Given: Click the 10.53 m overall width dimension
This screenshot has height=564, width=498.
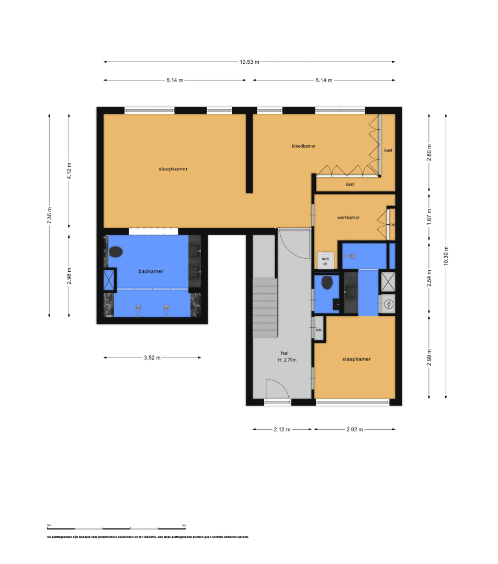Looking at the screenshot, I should (x=250, y=62).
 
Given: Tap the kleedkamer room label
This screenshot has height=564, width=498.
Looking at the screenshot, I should (x=303, y=146).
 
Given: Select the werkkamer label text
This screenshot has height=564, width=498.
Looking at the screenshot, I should (x=348, y=217).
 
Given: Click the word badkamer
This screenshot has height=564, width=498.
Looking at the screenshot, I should (x=151, y=271).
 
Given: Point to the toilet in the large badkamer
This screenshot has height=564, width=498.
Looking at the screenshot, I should (x=116, y=251).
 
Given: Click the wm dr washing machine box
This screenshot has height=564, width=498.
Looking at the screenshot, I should (x=325, y=261).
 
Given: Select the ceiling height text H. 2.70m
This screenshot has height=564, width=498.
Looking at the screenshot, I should (x=287, y=360).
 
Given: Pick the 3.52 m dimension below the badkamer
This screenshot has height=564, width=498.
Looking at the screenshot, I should (x=152, y=358).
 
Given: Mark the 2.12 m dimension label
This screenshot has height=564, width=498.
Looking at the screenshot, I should (x=282, y=429).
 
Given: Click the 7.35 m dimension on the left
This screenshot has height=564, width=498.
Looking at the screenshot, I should (x=49, y=215).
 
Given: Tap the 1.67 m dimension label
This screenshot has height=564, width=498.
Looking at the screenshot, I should (x=429, y=217).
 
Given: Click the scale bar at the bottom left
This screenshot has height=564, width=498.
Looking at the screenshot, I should (x=116, y=528).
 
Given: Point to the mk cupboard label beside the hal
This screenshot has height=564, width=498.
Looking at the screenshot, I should (x=318, y=330).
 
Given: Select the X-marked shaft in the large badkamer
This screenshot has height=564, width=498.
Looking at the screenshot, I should (x=109, y=280).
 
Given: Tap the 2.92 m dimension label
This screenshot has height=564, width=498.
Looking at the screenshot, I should (x=354, y=429).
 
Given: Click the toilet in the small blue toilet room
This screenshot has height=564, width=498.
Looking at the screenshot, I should (x=327, y=283).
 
